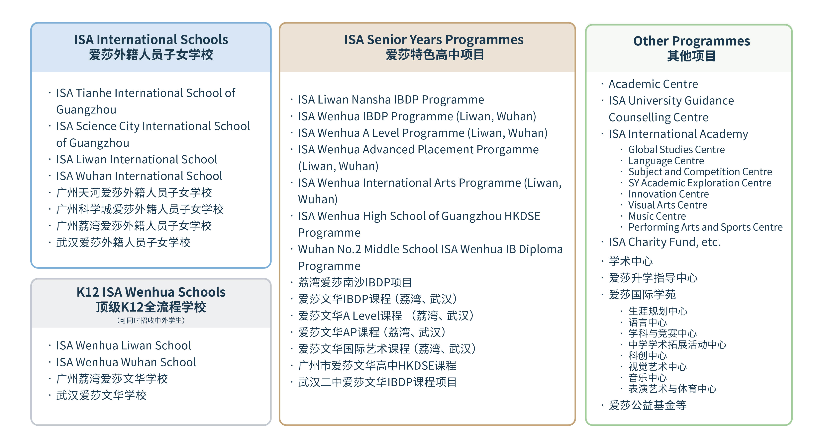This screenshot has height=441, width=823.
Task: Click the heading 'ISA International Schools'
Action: coord(151,40)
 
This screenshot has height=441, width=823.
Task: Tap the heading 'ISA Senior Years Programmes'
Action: coord(434,40)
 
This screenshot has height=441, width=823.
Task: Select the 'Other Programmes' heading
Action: coord(691,41)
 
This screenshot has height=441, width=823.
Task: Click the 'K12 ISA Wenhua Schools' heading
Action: coord(151,292)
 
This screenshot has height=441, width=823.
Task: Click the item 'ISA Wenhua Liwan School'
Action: coord(123,345)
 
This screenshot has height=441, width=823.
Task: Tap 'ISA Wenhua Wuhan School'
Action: coord(126,362)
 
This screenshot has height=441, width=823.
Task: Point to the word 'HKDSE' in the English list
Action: coord(522,216)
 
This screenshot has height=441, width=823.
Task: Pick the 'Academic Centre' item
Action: coord(653,84)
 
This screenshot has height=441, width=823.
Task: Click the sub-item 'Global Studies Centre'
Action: coord(676,149)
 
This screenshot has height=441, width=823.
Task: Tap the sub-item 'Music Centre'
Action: coord(657,216)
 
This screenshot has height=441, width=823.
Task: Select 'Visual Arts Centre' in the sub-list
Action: coord(668,205)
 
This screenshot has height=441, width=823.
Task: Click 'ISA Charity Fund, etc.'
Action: coord(665,242)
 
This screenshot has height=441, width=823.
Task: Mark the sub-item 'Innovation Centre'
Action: coord(668,194)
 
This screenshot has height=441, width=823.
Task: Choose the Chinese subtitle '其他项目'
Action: coord(691,56)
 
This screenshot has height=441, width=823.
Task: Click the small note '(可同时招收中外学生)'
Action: coord(151,320)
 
